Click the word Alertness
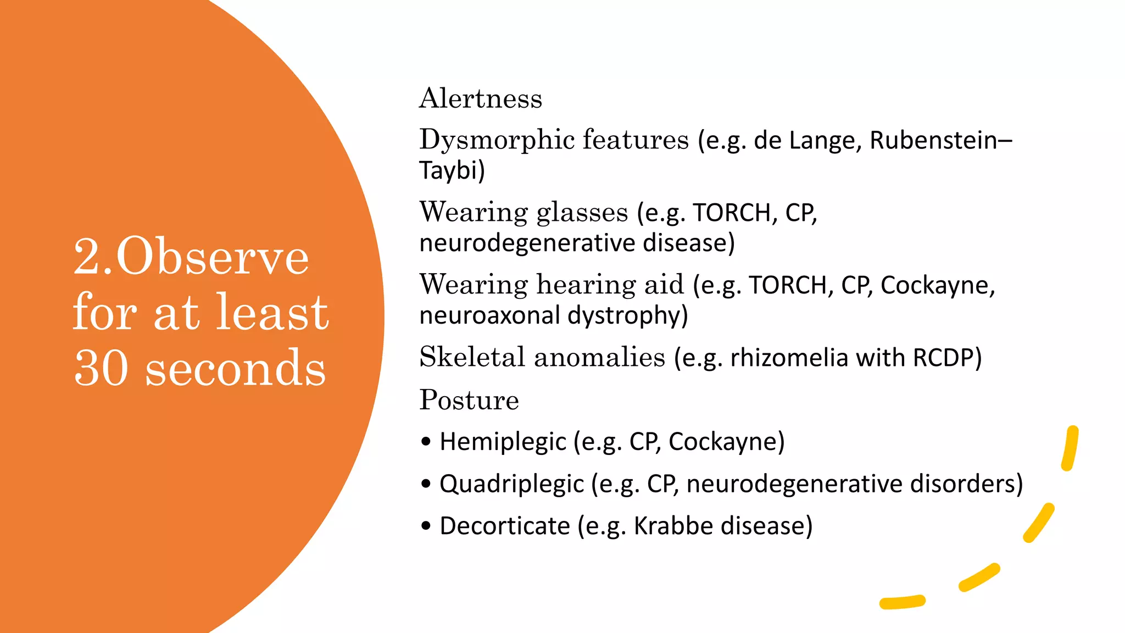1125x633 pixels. point(481,99)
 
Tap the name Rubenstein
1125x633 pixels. point(933,140)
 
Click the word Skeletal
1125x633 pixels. point(472,358)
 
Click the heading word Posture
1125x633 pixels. point(469,400)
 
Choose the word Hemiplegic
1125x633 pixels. point(503,442)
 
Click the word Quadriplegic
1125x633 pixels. point(511,484)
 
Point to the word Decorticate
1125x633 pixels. point(505,526)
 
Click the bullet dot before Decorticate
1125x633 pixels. point(426,526)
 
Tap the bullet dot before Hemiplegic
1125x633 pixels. point(426,442)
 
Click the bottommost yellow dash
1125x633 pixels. point(902,602)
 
